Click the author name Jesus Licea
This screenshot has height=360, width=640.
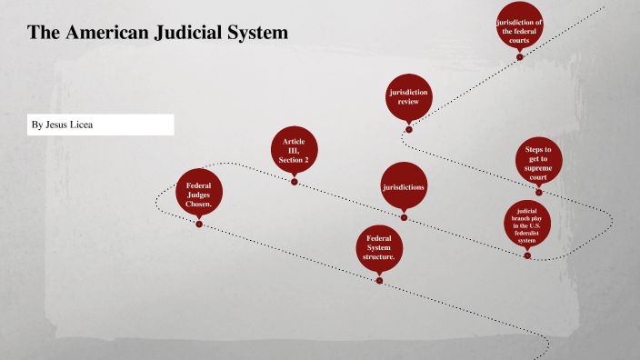[73, 125]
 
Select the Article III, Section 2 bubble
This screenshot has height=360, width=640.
[294, 151]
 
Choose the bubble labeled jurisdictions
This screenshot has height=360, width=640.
[404, 186]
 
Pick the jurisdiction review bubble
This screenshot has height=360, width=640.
[408, 97]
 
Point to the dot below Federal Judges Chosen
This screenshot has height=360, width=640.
[198, 224]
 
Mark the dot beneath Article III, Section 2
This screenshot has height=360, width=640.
[294, 182]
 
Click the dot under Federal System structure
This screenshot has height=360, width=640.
[379, 281]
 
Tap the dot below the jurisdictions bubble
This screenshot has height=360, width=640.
[404, 217]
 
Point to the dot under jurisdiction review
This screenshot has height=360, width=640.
[408, 129]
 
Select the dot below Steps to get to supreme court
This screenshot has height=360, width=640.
[538, 192]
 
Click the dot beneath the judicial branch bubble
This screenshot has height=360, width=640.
[527, 255]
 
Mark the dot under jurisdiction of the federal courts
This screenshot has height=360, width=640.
[519, 57]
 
